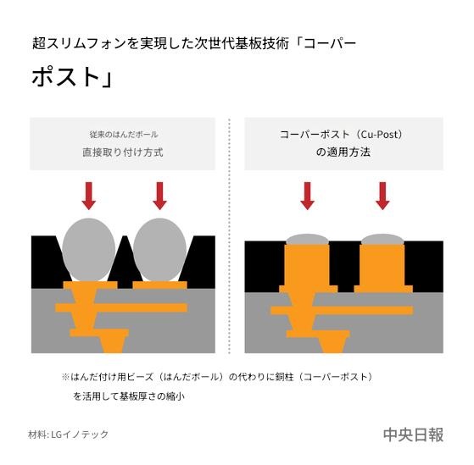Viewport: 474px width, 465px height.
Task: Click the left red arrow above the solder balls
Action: [89, 196]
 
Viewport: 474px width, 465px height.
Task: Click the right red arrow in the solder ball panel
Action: [160, 196]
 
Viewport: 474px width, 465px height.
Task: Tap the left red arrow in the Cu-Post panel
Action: [308, 196]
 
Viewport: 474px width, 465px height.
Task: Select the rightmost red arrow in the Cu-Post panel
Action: [382, 196]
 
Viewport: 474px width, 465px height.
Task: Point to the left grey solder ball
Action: [89, 250]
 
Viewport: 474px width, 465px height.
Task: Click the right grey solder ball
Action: [160, 250]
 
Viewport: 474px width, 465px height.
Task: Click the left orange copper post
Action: [308, 268]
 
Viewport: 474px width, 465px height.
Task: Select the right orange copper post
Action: [382, 268]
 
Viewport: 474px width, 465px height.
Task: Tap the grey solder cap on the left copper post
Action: [308, 240]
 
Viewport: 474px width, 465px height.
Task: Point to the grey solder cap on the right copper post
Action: [382, 240]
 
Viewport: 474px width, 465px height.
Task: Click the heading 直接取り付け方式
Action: [123, 152]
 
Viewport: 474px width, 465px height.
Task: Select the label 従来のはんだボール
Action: [124, 135]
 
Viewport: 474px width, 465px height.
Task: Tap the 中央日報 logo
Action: [413, 435]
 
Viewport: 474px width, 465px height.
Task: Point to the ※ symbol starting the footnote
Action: [65, 377]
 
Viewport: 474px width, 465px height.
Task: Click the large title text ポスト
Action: [65, 77]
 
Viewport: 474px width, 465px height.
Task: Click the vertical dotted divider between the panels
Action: [230, 235]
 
